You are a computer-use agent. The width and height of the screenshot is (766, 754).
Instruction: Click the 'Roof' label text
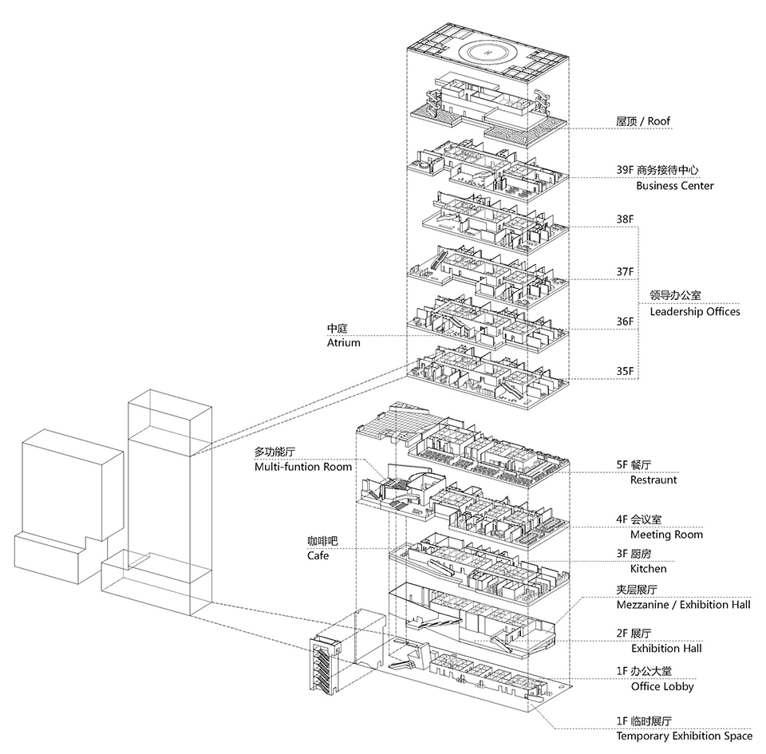658,121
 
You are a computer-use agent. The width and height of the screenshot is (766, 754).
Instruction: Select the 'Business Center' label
675,186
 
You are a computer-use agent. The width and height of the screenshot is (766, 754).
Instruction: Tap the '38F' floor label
625,219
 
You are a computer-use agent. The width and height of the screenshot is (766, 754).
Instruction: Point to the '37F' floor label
625,271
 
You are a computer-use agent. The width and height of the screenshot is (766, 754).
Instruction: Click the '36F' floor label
625,322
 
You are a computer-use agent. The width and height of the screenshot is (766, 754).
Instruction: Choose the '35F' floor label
625,371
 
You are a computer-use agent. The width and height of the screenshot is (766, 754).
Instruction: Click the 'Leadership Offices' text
695,311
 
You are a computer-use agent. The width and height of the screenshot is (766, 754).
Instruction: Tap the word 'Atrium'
343,343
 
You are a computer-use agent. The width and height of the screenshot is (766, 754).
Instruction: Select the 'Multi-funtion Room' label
303,467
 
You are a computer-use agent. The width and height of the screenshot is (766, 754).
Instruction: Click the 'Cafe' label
318,556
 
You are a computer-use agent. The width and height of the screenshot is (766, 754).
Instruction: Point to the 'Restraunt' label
653,480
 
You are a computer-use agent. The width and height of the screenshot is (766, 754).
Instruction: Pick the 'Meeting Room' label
666,535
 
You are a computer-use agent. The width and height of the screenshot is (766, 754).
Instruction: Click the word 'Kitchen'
648,569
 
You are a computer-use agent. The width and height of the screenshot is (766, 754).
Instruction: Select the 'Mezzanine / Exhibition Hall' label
684,605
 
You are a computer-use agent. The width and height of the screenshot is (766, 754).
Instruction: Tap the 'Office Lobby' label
662,687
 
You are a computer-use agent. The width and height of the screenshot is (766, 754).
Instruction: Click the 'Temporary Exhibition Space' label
685,736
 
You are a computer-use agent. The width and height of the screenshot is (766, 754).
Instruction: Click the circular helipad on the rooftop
487,52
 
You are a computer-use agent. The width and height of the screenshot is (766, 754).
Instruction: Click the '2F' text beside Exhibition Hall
622,634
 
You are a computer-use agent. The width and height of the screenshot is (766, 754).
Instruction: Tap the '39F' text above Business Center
625,170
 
